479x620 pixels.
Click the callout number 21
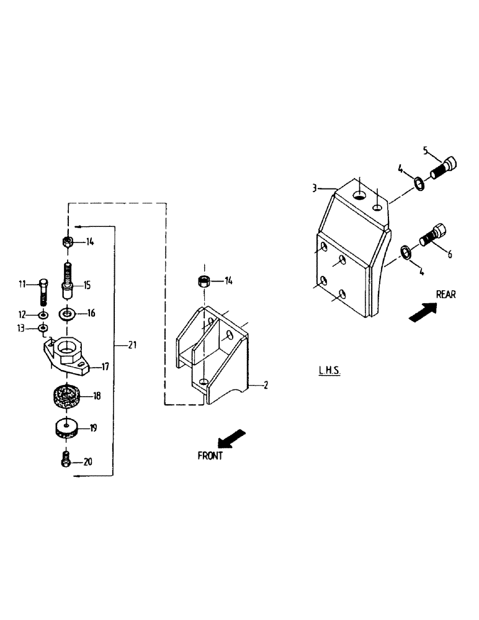point(132,345)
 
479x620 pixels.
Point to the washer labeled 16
point(66,314)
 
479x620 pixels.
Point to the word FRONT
point(210,456)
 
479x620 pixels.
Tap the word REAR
point(445,294)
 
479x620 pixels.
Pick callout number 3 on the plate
point(315,186)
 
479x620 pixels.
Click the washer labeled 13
point(43,327)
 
